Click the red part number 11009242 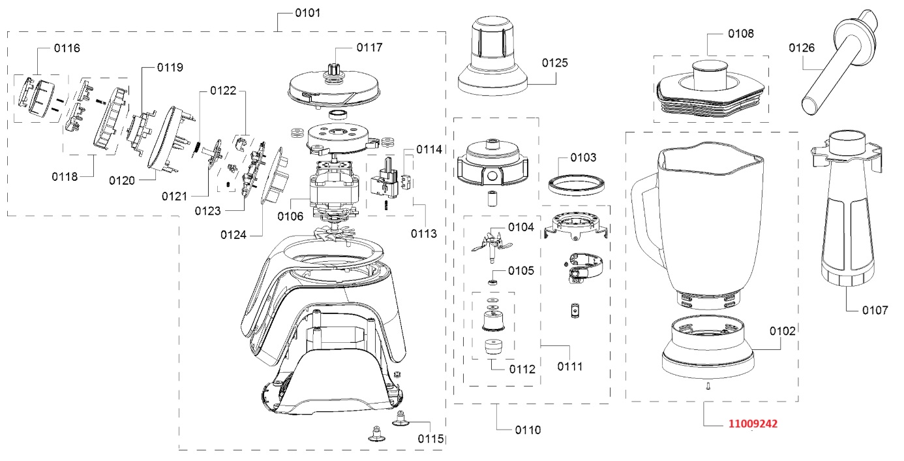pyautogui.click(x=753, y=424)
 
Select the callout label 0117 pyautogui.click(x=369, y=48)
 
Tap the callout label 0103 pyautogui.click(x=583, y=157)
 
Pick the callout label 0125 pyautogui.click(x=555, y=63)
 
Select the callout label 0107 pyautogui.click(x=875, y=310)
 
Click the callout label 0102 pyautogui.click(x=783, y=331)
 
